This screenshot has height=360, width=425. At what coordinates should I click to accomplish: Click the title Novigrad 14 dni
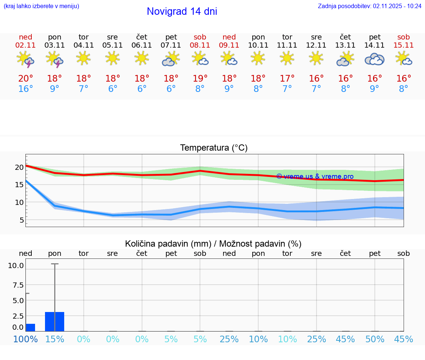(x=182, y=11)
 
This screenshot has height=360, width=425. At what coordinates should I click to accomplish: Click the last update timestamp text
(x=370, y=6)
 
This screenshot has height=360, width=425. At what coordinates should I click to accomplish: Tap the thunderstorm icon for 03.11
(x=55, y=59)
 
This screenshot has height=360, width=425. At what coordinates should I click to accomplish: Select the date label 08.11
(x=200, y=45)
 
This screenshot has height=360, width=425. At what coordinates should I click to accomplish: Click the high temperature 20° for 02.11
(x=25, y=79)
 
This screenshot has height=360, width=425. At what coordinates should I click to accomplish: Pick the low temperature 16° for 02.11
(x=25, y=89)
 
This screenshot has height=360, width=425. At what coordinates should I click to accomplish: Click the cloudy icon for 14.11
(x=374, y=59)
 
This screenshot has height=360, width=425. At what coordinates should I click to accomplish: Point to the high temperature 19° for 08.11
(x=200, y=79)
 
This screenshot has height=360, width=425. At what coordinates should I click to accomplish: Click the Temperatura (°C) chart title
(x=214, y=148)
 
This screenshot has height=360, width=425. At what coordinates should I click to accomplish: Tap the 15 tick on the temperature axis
(x=19, y=185)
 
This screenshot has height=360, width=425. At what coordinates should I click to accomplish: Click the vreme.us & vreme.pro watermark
(x=315, y=176)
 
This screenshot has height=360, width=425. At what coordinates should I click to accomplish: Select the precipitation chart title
(x=213, y=244)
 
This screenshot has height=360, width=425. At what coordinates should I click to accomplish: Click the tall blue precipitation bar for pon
(x=55, y=322)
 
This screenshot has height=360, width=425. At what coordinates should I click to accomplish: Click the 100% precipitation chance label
(x=25, y=339)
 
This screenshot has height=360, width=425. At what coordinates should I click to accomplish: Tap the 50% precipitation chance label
(x=374, y=339)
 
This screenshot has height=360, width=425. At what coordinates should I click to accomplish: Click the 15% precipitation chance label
(x=55, y=339)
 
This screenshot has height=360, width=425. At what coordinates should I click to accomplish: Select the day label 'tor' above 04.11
(x=84, y=37)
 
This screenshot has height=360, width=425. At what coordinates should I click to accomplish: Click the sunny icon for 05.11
(x=113, y=58)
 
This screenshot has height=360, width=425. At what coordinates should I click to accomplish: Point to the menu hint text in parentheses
(x=41, y=6)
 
